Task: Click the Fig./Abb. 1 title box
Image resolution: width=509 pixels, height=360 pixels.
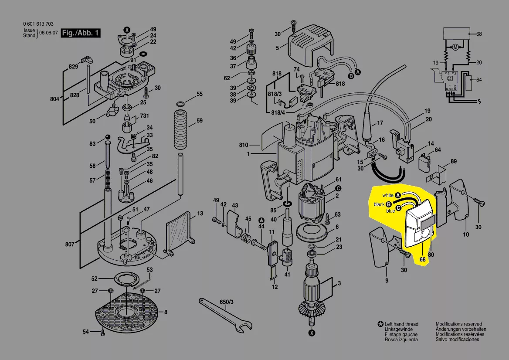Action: (81, 34)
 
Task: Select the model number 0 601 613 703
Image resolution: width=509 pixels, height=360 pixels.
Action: (38, 24)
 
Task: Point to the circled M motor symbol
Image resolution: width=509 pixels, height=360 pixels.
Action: (455, 48)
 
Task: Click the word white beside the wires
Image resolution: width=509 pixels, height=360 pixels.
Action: (387, 196)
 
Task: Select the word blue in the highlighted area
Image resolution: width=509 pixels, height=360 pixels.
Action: (390, 211)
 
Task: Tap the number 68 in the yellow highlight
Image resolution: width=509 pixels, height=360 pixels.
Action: (422, 260)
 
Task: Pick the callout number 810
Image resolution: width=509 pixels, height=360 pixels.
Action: (243, 145)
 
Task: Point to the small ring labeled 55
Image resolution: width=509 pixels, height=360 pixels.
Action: (180, 104)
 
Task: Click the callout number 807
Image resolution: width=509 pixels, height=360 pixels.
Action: (70, 245)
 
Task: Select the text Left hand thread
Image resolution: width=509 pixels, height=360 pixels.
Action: (401, 324)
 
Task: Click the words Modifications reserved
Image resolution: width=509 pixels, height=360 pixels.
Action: (458, 324)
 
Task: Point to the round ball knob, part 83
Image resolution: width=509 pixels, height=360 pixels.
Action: (106, 139)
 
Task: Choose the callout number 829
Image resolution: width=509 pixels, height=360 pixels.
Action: (73, 67)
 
